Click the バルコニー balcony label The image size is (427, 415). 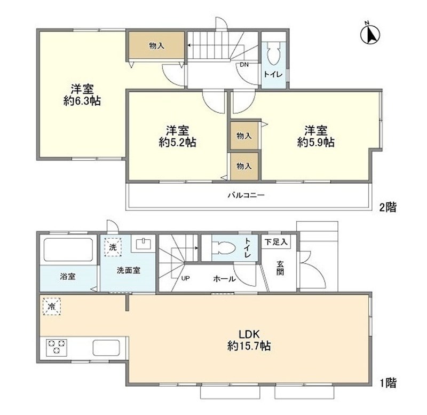[247, 195]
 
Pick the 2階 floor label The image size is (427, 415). [388, 207]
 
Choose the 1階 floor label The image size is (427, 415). [388, 382]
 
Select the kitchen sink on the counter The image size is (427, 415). [108, 348]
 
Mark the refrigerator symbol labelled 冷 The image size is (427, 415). [51, 307]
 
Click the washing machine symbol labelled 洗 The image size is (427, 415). [113, 247]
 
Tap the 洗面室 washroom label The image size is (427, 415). [129, 270]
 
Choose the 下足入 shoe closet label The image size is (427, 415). [276, 242]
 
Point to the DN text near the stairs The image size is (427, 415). [244, 65]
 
